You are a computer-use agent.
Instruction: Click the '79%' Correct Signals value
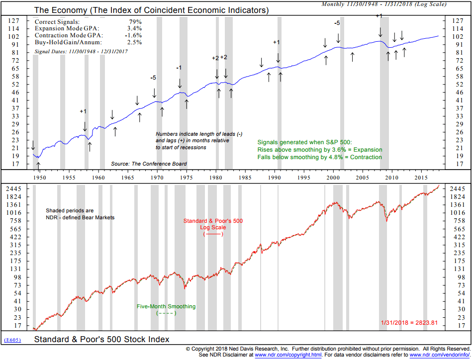(x=135, y=22)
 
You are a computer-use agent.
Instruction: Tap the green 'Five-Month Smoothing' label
(x=166, y=306)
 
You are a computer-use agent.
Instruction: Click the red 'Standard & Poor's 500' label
(x=213, y=220)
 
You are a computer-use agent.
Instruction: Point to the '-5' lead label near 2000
(x=337, y=23)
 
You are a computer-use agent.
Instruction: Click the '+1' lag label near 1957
(x=84, y=111)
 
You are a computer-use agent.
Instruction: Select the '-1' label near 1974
(x=179, y=68)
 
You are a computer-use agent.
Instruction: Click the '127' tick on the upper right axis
(x=456, y=21)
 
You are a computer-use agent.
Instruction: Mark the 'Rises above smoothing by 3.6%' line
(x=320, y=150)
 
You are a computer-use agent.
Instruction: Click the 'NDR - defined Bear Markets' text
(x=80, y=217)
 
